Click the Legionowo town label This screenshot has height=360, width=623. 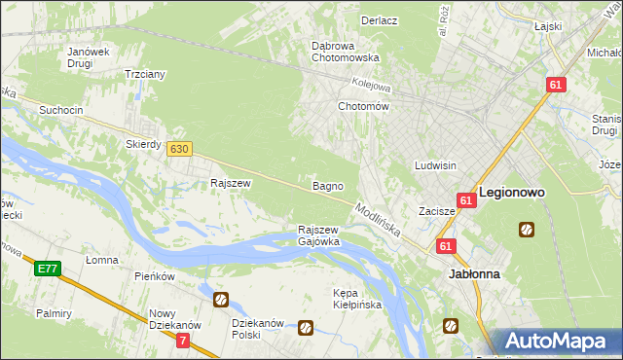511,193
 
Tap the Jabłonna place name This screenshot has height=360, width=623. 474,274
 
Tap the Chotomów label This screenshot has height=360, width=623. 363,106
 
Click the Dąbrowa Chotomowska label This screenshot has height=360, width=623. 345,52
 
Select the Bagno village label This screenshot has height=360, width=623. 326,185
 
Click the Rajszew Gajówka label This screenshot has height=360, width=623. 318,235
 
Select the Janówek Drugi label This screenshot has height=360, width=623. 80,57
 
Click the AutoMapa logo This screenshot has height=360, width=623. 558,342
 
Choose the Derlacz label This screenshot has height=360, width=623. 379,19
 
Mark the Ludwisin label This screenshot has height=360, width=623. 435,165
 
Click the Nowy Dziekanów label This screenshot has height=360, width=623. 174,320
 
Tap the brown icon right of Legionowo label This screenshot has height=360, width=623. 527,230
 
